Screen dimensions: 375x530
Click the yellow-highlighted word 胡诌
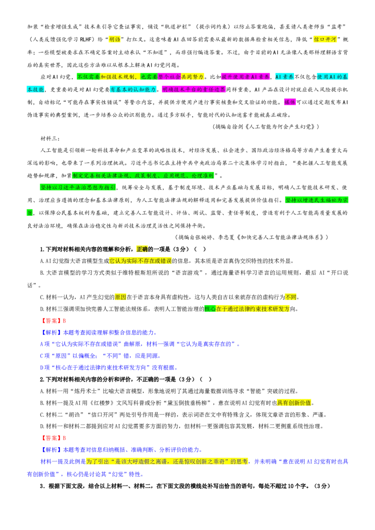coord(114,39)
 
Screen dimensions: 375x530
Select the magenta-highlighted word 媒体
coord(290,102)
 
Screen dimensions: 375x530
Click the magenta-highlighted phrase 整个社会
coord(169,77)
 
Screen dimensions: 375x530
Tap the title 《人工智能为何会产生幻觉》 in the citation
coord(279,126)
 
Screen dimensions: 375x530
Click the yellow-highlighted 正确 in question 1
coord(142,249)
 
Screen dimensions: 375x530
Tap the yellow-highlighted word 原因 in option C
coord(120,297)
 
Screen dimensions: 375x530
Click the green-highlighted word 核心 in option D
coord(210,309)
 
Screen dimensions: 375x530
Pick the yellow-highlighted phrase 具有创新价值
coord(294,403)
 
